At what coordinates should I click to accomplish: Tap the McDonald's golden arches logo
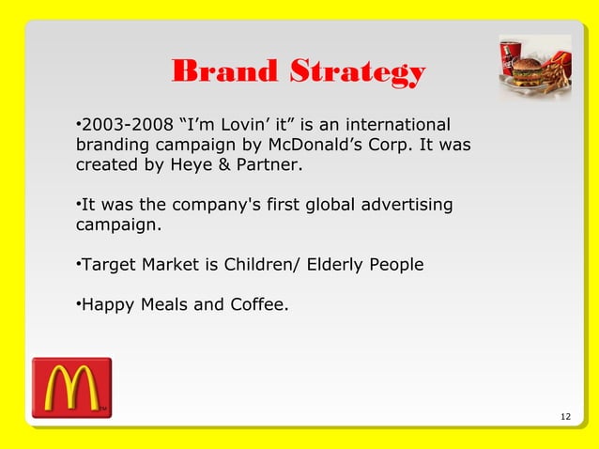click(x=71, y=387)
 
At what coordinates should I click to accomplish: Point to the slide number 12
click(x=564, y=417)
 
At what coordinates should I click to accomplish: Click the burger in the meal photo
click(x=528, y=70)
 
